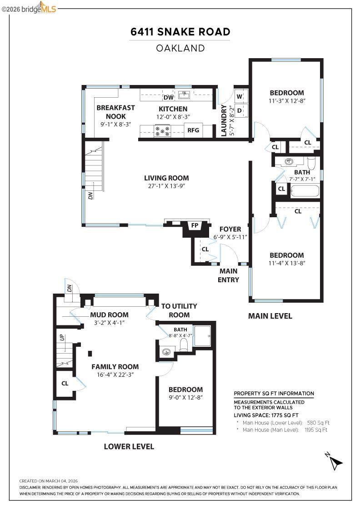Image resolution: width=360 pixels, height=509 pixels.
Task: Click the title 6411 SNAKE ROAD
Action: point(180,32)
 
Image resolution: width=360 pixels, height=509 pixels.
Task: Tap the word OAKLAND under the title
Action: point(180,48)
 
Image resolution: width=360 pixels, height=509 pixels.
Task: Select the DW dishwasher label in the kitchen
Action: point(168,97)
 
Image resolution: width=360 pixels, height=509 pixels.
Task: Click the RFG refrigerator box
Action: point(193,130)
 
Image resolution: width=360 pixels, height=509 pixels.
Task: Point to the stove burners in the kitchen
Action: point(163,131)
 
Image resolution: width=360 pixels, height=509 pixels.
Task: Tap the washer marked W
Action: point(240,96)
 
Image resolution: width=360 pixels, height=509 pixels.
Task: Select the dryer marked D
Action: point(240,110)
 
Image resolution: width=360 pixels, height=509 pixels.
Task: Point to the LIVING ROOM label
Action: point(166,178)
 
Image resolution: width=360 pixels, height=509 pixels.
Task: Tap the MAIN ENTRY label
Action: point(228,275)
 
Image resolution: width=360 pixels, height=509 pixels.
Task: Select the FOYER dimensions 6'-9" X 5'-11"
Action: point(230,237)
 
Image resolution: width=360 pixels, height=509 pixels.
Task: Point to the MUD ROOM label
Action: point(109,314)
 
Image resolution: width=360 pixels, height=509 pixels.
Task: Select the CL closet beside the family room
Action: point(65,383)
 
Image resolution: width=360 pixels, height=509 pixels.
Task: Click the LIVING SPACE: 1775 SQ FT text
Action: point(266,415)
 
